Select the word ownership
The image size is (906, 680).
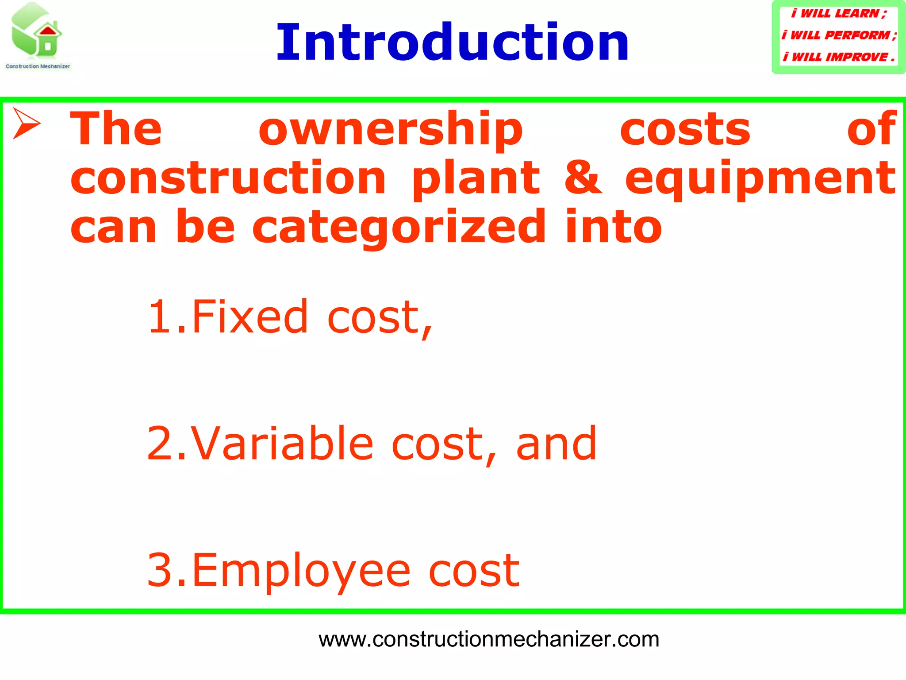pos(391,129)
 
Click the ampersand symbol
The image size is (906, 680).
pos(583,178)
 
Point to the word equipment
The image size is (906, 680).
pos(760,178)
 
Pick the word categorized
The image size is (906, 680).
pos(399,228)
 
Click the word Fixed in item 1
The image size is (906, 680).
pos(250,317)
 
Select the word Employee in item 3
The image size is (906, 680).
pos(301,571)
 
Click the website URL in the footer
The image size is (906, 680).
pos(489,639)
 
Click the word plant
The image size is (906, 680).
pos(476,178)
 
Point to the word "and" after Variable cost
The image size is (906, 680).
pos(556,444)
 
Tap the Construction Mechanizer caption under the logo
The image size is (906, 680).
pos(38,66)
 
